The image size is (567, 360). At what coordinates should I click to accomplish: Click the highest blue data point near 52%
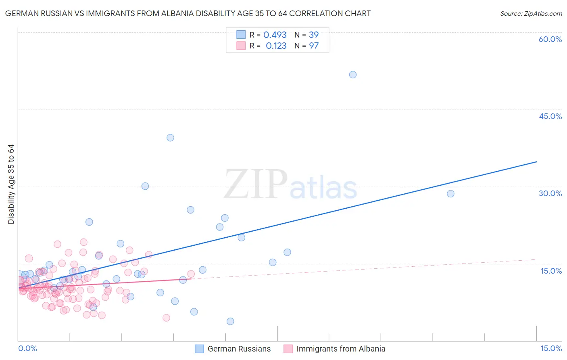(352, 75)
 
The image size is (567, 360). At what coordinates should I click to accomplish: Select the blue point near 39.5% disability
(170, 138)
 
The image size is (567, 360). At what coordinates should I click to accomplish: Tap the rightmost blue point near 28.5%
(450, 194)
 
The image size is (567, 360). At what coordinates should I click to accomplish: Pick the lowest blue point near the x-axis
(230, 321)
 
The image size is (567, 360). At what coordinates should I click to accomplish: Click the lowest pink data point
(166, 318)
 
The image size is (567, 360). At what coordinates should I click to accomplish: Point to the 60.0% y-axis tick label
(550, 39)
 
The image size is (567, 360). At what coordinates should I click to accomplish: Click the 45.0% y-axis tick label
(550, 116)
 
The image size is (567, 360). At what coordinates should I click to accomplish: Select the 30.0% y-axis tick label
(550, 193)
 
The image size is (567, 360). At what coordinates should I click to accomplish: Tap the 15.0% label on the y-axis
(551, 271)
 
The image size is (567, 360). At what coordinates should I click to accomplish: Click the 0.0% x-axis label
(27, 348)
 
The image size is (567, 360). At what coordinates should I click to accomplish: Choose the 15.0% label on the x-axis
(551, 348)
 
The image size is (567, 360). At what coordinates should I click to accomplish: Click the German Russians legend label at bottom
(239, 349)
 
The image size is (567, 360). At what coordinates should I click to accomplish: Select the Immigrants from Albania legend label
(341, 349)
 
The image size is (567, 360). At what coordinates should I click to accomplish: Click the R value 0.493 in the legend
(275, 35)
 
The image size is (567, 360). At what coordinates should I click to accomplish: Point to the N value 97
(314, 46)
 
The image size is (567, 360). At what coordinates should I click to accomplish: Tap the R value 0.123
(276, 46)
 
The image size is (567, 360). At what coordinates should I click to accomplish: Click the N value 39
(314, 35)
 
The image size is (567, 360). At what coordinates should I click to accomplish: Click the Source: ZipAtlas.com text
(531, 14)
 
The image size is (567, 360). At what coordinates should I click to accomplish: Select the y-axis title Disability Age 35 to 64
(11, 184)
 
